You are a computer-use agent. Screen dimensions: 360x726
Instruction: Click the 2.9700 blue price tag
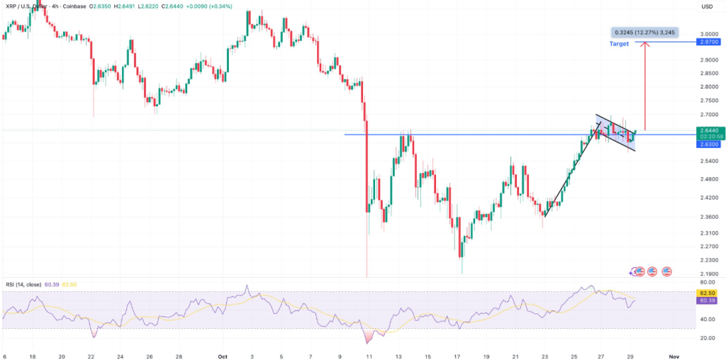[707, 43]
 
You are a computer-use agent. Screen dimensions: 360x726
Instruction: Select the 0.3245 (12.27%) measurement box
[644, 32]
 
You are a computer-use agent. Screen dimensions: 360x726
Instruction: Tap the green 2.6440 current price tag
[707, 130]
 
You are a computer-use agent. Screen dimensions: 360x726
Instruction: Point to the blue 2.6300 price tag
[707, 144]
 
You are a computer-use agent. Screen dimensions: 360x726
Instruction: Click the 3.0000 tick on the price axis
[707, 34]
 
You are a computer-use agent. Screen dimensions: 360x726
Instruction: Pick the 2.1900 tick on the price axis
[707, 274]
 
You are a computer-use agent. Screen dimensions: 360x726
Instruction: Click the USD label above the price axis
[707, 7]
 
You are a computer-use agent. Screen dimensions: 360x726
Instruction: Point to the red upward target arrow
[645, 85]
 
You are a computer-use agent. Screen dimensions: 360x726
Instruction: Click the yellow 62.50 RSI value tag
[707, 292]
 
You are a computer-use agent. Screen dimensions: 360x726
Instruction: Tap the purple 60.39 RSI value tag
[707, 301]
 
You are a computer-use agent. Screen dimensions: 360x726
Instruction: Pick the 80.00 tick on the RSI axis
[707, 283]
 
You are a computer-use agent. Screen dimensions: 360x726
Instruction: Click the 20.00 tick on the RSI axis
[707, 338]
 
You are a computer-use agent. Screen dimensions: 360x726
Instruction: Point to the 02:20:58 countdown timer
[707, 137]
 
